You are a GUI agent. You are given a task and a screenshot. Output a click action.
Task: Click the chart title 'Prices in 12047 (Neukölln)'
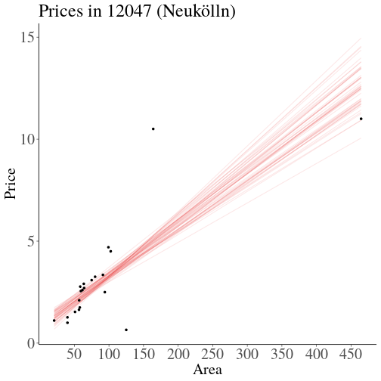(x=137, y=11)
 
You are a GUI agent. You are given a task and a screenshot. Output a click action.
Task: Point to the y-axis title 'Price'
(x=11, y=184)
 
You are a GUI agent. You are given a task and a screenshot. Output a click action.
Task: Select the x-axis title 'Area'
(x=208, y=370)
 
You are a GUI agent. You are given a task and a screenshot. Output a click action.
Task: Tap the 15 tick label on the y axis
(x=27, y=37)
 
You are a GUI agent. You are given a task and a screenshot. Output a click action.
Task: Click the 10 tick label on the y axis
(x=27, y=139)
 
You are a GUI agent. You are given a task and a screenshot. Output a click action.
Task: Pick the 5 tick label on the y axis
(x=31, y=241)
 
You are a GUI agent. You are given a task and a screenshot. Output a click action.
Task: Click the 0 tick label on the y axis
(x=31, y=343)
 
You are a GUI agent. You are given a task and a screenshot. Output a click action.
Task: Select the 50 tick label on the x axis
(x=74, y=355)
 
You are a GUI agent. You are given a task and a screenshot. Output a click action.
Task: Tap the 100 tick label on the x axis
(x=109, y=355)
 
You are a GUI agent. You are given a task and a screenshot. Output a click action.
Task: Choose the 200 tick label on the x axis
(x=178, y=355)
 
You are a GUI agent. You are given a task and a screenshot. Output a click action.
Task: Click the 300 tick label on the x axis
(x=247, y=355)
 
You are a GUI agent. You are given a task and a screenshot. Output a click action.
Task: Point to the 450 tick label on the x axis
(x=351, y=355)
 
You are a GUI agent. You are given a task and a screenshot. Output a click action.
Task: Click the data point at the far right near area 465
(x=361, y=119)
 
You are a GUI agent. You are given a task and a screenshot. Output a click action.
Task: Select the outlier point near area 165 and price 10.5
(x=153, y=129)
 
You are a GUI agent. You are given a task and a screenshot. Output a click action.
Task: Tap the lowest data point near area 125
(x=126, y=330)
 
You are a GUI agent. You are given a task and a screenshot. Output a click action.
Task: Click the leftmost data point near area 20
(x=54, y=321)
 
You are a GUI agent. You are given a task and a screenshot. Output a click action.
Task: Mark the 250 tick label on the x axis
(x=212, y=355)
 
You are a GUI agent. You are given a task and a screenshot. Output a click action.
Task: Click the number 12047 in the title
(x=129, y=11)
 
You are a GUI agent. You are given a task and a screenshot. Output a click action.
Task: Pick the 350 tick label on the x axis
(x=282, y=355)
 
